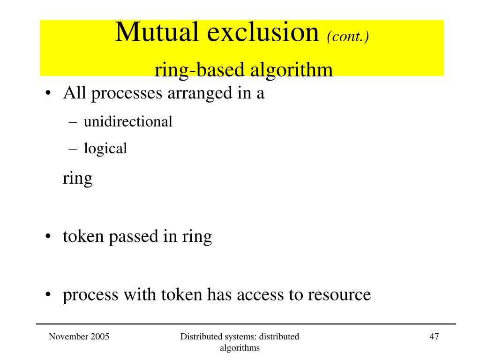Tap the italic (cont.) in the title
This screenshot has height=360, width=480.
tap(348, 36)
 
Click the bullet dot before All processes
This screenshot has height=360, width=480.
tap(49, 94)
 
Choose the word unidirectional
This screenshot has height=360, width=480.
tap(128, 122)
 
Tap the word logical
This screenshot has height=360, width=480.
tap(105, 149)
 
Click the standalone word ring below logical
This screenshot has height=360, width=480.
tap(78, 179)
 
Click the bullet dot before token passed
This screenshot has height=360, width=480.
tap(49, 237)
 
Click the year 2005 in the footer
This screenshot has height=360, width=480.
tap(101, 336)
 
